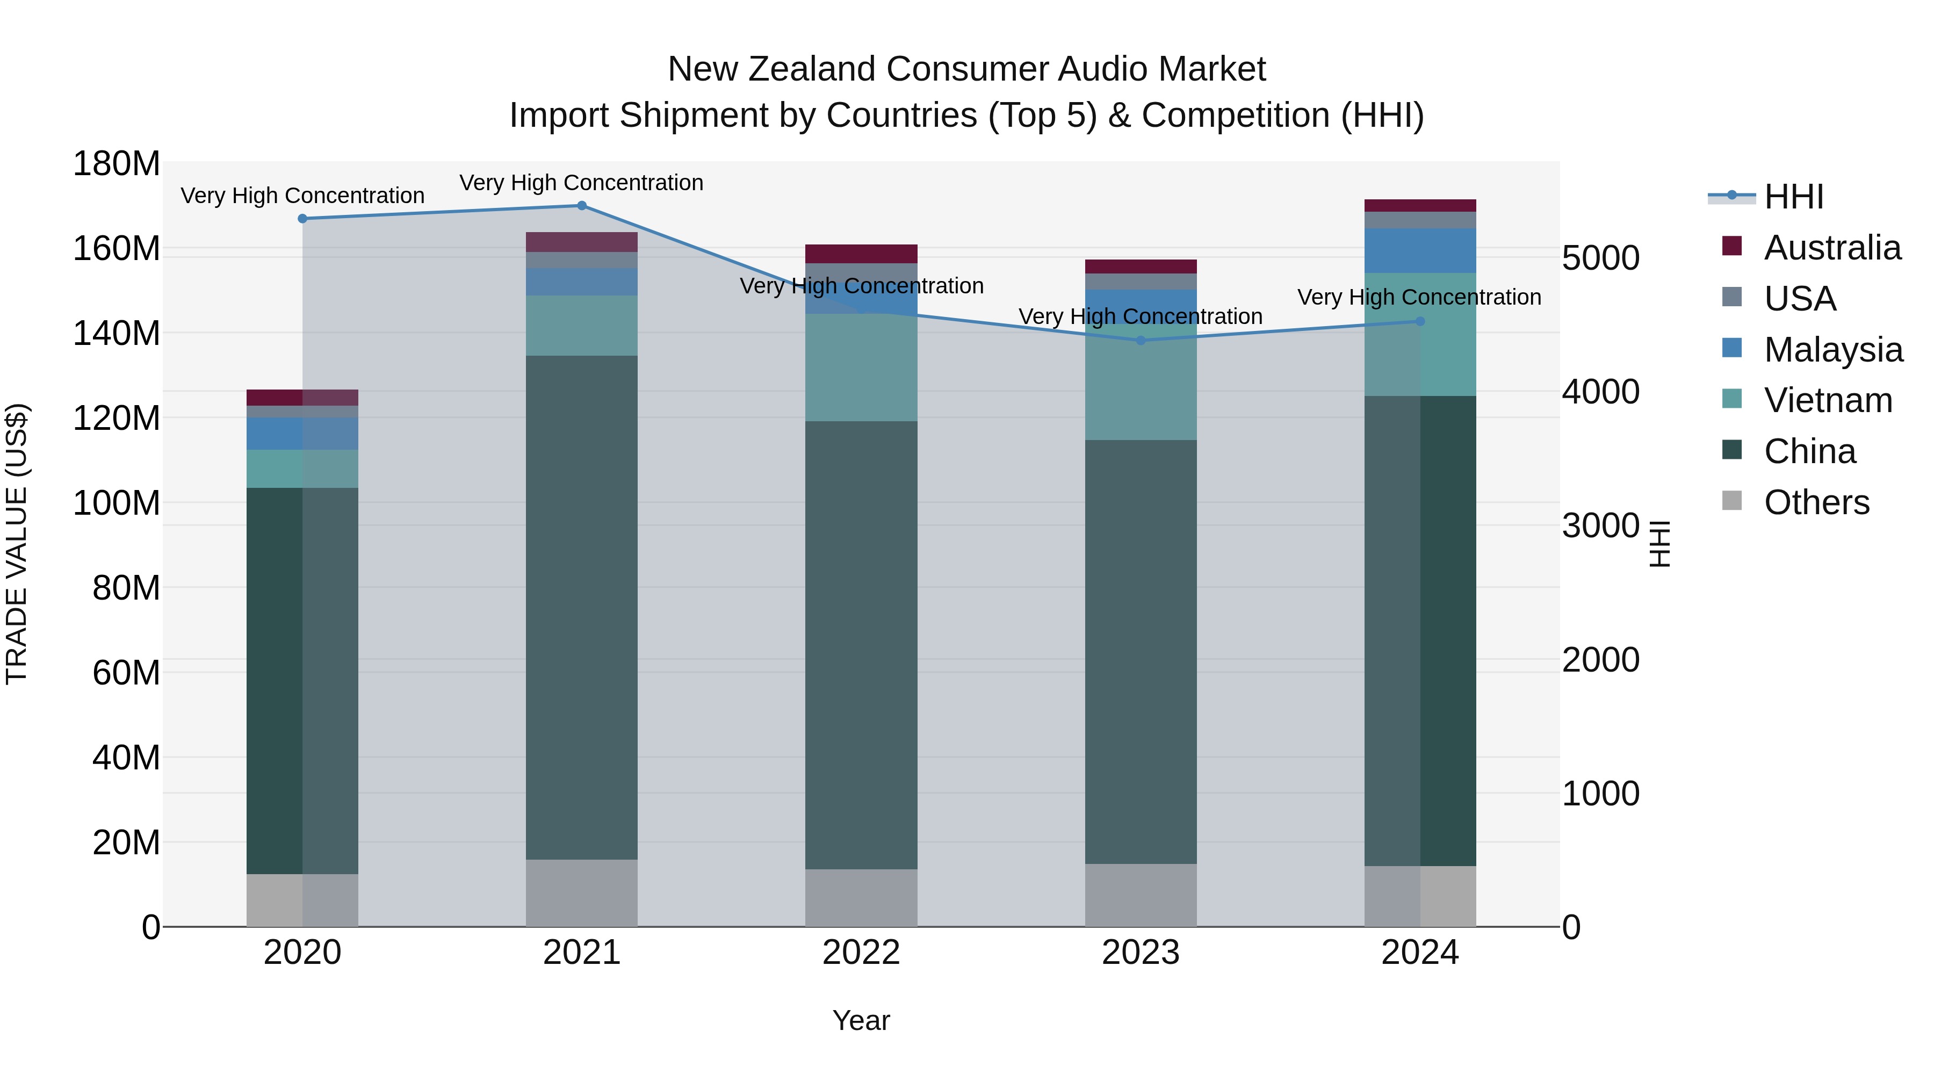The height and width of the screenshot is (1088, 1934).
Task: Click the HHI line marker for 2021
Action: pos(581,206)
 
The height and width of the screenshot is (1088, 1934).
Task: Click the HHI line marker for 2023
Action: pos(1141,340)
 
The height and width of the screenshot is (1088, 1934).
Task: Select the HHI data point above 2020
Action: pos(302,219)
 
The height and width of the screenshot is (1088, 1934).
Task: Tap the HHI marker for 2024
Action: pos(1420,321)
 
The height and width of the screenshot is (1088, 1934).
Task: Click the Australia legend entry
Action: pos(1831,248)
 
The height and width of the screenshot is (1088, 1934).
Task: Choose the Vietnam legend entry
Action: pos(1828,400)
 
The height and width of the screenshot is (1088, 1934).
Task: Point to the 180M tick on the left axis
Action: pos(117,164)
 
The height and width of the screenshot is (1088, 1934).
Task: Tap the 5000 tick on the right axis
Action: pos(1601,258)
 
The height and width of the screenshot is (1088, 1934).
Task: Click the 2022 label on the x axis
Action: pos(861,953)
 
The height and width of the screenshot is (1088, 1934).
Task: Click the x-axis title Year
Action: pos(861,1020)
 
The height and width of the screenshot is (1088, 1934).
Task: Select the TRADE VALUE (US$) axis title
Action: pos(17,544)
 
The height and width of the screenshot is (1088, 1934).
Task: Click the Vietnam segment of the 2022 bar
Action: pos(861,368)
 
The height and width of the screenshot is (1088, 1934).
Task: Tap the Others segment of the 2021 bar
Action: pos(581,893)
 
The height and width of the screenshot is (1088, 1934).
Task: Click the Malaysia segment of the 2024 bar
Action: pos(1420,251)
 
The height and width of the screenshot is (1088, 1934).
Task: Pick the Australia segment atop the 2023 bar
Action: pos(1141,266)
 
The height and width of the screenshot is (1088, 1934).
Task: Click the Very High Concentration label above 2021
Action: pos(581,183)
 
